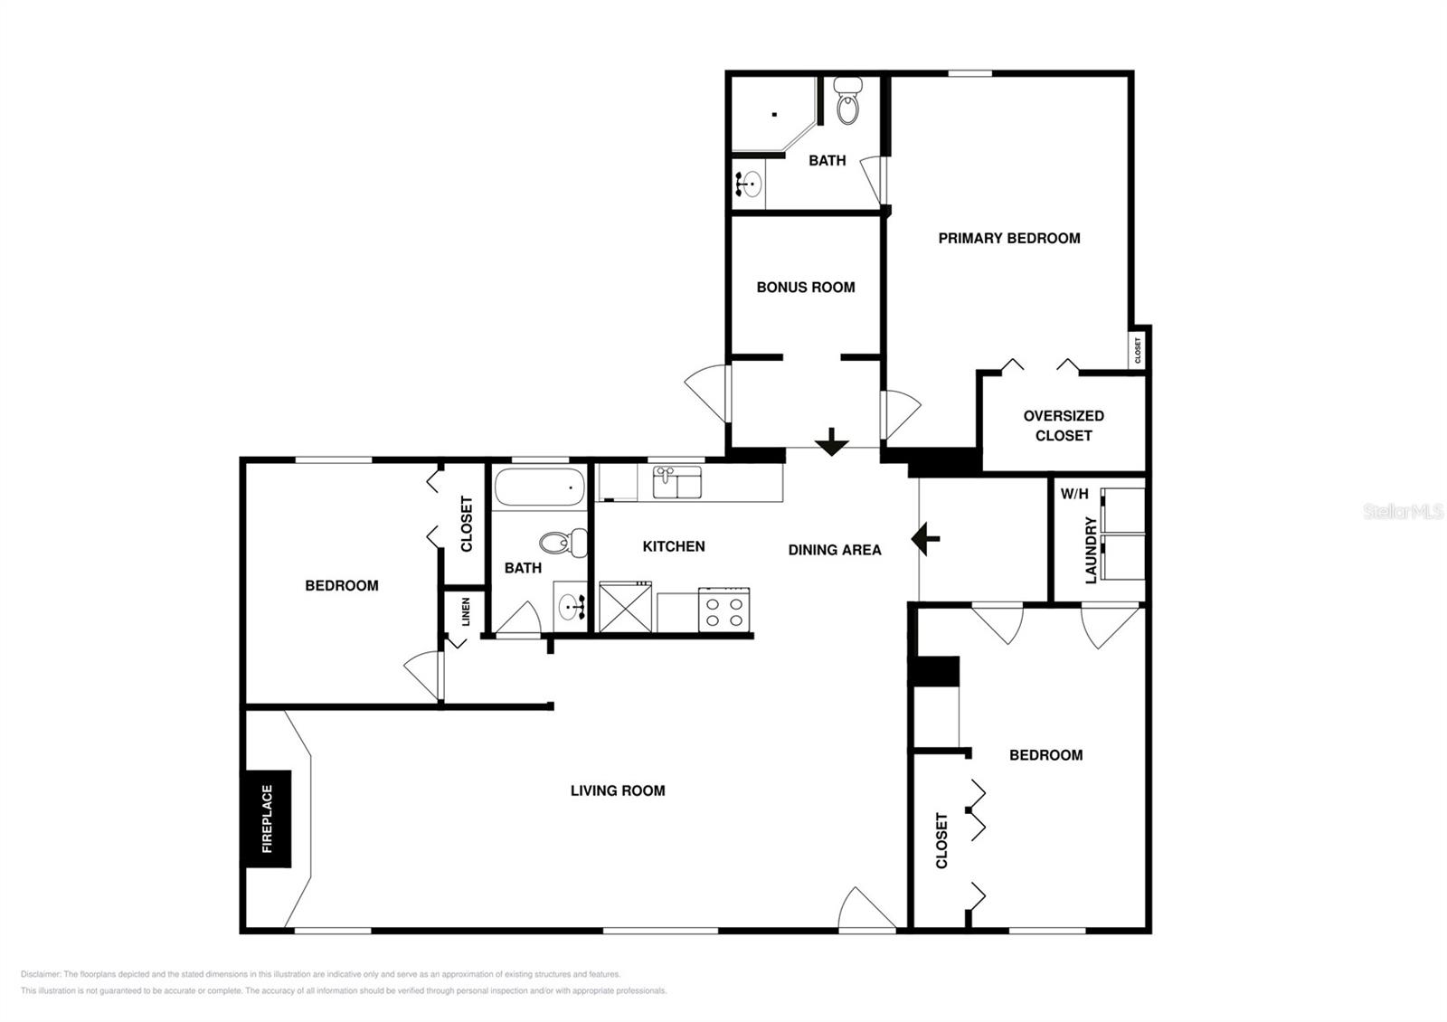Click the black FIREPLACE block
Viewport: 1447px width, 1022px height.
coord(267,819)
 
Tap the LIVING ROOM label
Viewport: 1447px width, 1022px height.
coord(618,790)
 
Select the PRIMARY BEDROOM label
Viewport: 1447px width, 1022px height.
coord(1008,238)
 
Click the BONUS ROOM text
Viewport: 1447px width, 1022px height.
coord(805,287)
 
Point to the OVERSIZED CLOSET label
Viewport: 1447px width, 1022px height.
coord(1064,425)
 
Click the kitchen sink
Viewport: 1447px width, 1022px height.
coord(676,482)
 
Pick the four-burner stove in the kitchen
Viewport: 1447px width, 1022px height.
coord(723,609)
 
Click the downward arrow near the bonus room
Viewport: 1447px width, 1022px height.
coord(831,442)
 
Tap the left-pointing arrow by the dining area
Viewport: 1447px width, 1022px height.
coord(925,539)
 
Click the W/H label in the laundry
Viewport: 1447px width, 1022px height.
coord(1074,494)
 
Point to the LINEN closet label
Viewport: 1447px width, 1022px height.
coord(466,612)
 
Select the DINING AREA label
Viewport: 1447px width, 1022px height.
coord(834,549)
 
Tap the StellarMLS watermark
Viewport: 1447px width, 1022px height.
coord(1403,512)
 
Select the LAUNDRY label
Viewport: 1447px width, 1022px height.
coord(1091,550)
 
